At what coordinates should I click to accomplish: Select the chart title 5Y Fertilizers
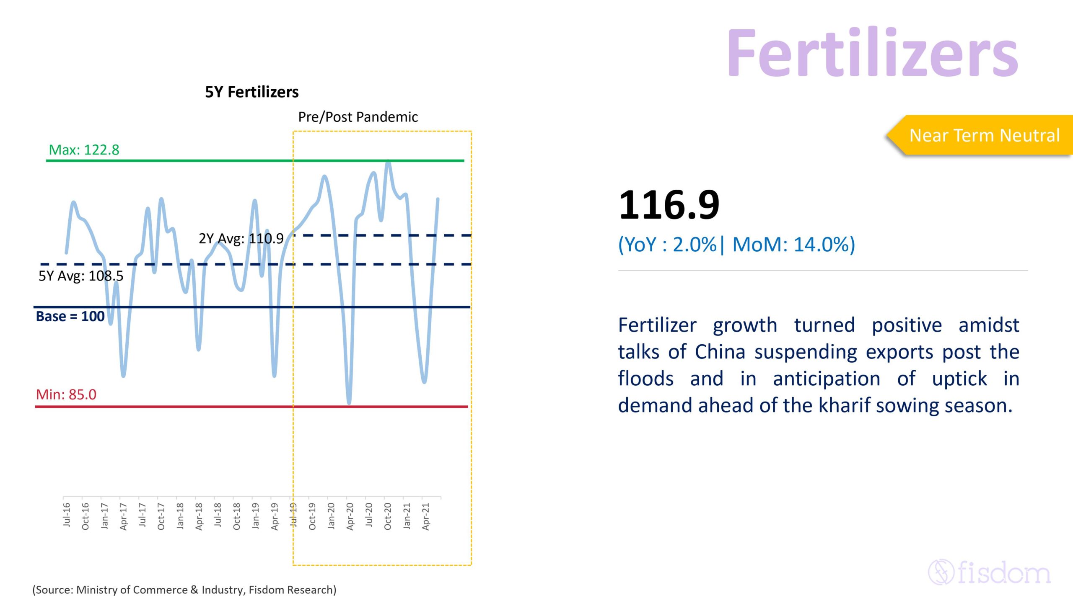pyautogui.click(x=252, y=92)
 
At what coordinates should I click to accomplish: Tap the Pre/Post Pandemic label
pyautogui.click(x=358, y=117)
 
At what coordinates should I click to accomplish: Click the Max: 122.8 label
pyautogui.click(x=84, y=149)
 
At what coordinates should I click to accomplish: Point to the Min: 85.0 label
pyautogui.click(x=66, y=394)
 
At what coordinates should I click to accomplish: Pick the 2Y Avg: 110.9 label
pyautogui.click(x=241, y=239)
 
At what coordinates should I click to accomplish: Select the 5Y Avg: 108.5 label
pyautogui.click(x=81, y=276)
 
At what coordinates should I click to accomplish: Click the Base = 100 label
pyautogui.click(x=70, y=316)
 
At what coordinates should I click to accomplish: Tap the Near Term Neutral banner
pyautogui.click(x=981, y=135)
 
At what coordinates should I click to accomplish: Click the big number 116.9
pyautogui.click(x=669, y=205)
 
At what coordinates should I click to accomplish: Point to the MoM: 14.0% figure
pyautogui.click(x=793, y=245)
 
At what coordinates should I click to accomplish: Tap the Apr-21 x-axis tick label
pyautogui.click(x=426, y=517)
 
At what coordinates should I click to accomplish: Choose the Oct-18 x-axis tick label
pyautogui.click(x=237, y=516)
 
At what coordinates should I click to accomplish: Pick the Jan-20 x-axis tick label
pyautogui.click(x=331, y=516)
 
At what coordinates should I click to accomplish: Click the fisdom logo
pyautogui.click(x=989, y=572)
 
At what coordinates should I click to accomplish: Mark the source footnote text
pyautogui.click(x=184, y=590)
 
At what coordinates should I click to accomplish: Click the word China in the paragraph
pyautogui.click(x=720, y=352)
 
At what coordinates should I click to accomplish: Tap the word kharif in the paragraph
pyautogui.click(x=843, y=405)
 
